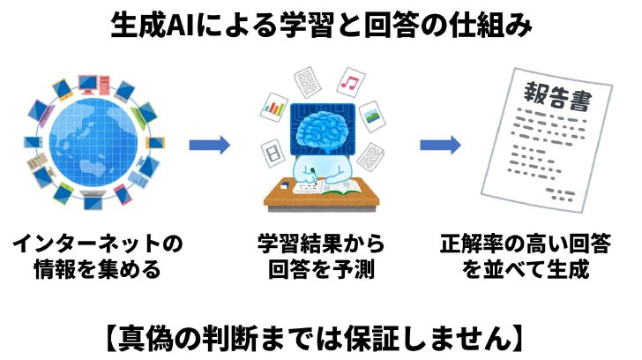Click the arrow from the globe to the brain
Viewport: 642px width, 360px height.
209,145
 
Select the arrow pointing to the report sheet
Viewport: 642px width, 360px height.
441,145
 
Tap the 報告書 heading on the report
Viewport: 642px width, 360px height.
557,96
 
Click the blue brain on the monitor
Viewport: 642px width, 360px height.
323,128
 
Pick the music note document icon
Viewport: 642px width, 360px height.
351,83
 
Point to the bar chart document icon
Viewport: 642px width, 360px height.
274,108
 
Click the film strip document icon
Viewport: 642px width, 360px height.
273,154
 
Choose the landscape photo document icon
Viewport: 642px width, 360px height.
372,116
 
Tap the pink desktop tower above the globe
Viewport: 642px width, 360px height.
104,85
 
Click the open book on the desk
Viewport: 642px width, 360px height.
340,188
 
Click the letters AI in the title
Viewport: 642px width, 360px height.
180,26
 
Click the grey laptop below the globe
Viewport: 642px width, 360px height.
93,199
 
